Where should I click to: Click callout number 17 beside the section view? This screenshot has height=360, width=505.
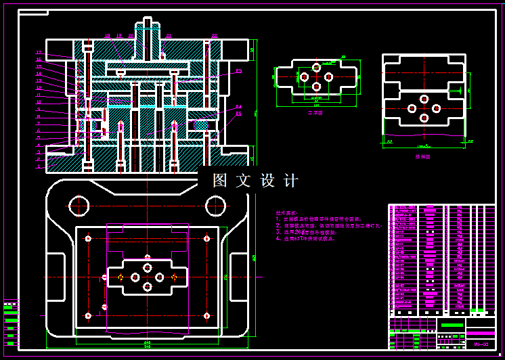pyautogui.click(x=39, y=53)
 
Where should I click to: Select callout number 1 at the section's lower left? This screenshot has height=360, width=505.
pyautogui.click(x=39, y=166)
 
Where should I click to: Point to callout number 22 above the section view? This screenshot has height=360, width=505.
pyautogui.click(x=215, y=35)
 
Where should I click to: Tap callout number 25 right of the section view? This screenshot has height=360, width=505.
pyautogui.click(x=238, y=114)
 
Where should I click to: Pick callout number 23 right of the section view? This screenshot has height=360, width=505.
pyautogui.click(x=239, y=70)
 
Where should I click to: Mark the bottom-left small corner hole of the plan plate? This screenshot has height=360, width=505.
pyautogui.click(x=88, y=315)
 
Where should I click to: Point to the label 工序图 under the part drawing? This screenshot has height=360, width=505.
pyautogui.click(x=315, y=113)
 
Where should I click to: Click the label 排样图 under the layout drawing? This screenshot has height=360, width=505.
pyautogui.click(x=423, y=156)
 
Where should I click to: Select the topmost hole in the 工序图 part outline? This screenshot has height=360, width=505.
pyautogui.click(x=316, y=67)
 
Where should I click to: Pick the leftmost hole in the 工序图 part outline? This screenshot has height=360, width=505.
pyautogui.click(x=303, y=77)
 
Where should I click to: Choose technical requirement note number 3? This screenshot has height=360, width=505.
pyautogui.click(x=305, y=232)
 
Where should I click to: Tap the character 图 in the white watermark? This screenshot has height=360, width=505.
pyautogui.click(x=220, y=181)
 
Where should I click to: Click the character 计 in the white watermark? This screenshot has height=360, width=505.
pyautogui.click(x=290, y=181)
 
